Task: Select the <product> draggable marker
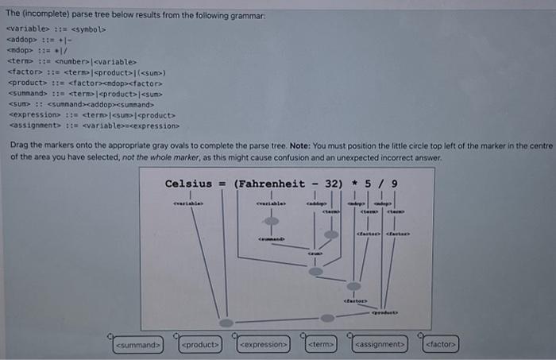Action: coord(199,345)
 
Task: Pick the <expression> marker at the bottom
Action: coord(263,345)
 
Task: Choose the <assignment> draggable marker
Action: coord(380,345)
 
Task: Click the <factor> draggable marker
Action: coord(441,345)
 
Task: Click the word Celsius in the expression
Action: coord(188,184)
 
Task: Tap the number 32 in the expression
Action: coord(334,184)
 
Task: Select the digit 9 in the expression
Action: coord(395,184)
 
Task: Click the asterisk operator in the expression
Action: coord(353,184)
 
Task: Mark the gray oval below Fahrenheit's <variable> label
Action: coord(272,221)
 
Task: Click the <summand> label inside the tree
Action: coord(272,239)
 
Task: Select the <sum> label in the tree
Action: coord(315,254)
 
